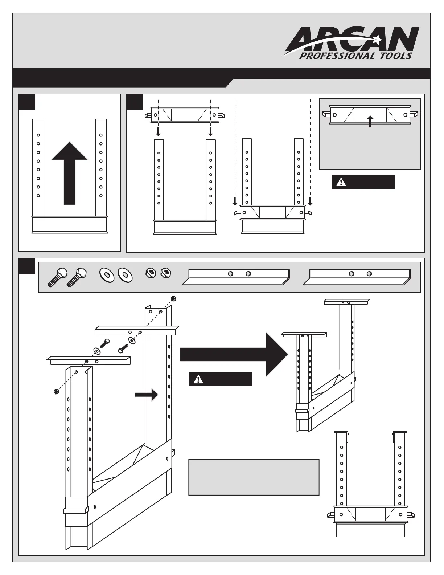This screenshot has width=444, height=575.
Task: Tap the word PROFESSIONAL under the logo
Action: (x=332, y=56)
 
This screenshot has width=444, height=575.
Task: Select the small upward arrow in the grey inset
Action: (x=370, y=121)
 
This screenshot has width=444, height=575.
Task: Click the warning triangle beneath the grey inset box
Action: (x=341, y=182)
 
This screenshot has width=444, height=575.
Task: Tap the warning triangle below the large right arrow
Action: (x=198, y=379)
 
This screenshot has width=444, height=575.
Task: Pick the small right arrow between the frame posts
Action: (x=147, y=395)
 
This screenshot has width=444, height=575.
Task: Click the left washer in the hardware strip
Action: (x=107, y=274)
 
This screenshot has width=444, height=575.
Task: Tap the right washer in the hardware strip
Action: (x=125, y=275)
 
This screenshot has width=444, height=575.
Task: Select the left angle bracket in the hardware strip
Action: (x=236, y=277)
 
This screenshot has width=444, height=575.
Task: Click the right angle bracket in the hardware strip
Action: (x=357, y=277)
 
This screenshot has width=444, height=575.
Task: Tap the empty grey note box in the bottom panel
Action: (x=254, y=477)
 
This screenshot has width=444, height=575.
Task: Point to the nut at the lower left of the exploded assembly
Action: (x=56, y=391)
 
